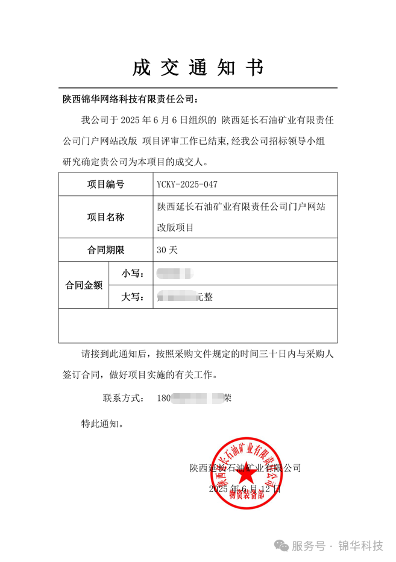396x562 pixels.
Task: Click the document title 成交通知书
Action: tap(198, 68)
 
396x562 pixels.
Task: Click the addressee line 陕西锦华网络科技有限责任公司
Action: tap(130, 99)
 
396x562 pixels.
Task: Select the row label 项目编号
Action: tap(105, 184)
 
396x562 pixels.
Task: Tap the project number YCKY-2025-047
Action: tap(187, 184)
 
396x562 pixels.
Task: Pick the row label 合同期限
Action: tap(105, 249)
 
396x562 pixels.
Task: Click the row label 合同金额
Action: tap(84, 285)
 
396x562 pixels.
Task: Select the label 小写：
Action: tap(132, 273)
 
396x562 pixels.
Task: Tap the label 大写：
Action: tap(132, 297)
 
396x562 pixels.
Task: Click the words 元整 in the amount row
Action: tap(205, 297)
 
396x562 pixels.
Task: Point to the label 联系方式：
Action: tap(123, 398)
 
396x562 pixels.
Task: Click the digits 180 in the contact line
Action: tap(163, 398)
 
